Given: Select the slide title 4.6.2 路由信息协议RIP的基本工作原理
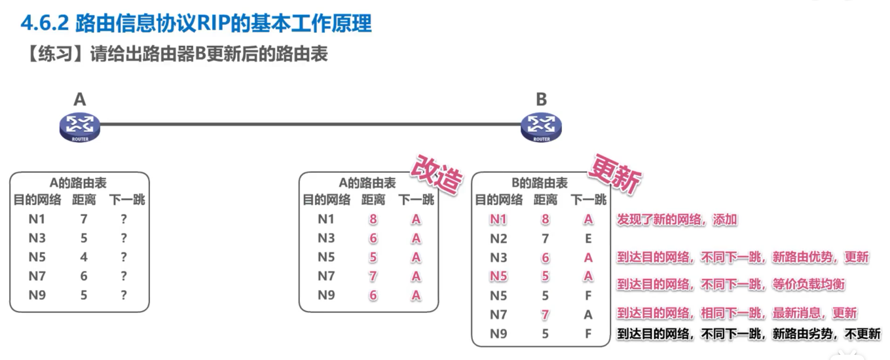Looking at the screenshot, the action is click(196, 24).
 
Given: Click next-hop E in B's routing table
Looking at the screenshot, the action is click(588, 239).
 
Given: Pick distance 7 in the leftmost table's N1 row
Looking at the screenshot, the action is click(84, 219).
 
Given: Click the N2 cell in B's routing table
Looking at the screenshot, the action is click(499, 239).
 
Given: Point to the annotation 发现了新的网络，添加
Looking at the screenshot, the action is click(677, 220).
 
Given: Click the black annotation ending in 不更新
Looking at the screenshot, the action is click(749, 334).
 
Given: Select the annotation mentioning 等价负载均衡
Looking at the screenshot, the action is click(731, 285).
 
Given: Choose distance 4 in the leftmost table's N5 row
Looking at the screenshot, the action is click(84, 257).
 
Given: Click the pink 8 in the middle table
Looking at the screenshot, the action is click(373, 220).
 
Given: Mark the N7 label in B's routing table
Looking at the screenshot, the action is click(499, 315).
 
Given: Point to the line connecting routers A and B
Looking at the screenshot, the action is click(308, 124).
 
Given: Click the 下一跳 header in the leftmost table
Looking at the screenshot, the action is click(128, 200).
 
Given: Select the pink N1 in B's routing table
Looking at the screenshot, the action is click(499, 220).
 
